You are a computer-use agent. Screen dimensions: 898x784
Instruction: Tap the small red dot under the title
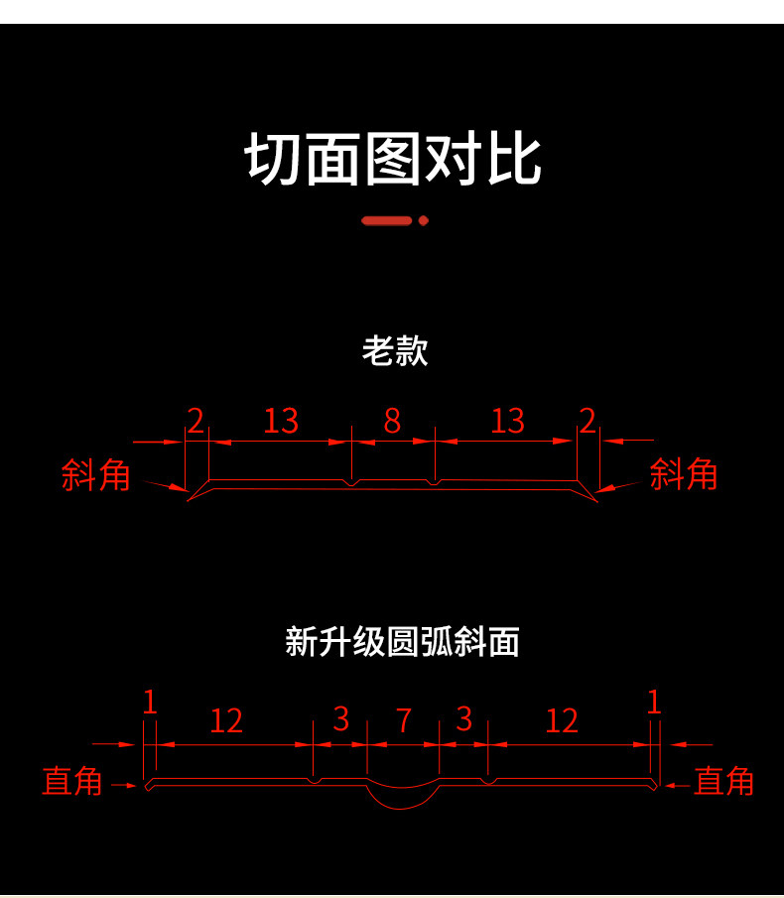424,220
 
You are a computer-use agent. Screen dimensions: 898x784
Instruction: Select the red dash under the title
387,220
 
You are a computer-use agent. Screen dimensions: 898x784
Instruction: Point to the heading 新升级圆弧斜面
402,642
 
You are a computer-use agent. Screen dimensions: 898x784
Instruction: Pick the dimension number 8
392,422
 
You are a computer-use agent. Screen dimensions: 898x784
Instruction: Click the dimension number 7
404,720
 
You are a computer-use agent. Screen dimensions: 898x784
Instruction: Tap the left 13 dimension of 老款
281,422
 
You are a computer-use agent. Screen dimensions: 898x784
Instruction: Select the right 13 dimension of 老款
507,422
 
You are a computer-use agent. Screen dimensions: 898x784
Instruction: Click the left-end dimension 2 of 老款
196,422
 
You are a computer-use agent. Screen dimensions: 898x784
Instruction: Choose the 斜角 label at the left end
96,474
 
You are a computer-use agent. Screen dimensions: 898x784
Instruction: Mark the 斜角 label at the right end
683,474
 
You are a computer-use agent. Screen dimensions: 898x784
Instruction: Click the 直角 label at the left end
72,781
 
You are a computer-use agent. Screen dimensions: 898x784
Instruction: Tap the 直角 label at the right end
723,781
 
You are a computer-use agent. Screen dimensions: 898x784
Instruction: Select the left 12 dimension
226,720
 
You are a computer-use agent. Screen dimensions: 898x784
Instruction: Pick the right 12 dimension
562,720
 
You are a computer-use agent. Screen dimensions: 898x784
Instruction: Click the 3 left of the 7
341,719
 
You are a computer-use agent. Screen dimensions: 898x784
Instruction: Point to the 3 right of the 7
464,719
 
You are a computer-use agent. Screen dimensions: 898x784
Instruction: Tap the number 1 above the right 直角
653,703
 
